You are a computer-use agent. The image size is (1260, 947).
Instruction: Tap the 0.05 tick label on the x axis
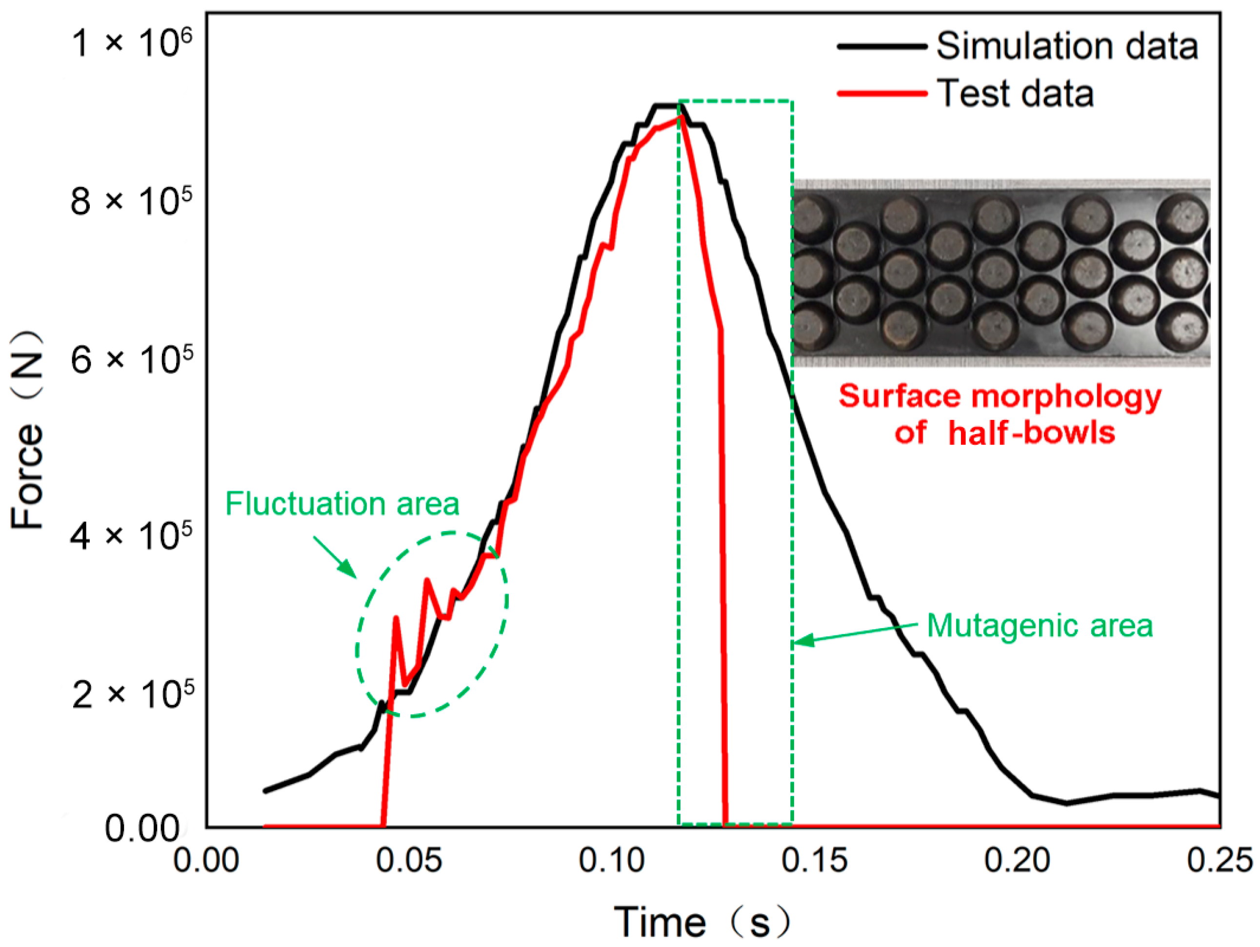[409, 860]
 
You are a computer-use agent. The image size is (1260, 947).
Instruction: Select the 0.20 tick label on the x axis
[1018, 860]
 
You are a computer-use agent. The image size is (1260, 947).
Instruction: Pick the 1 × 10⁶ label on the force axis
[132, 43]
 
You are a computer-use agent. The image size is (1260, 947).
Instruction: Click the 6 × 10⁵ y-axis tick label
[132, 360]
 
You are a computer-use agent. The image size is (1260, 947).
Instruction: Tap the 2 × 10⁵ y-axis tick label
[132, 693]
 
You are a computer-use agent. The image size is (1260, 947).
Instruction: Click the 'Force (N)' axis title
[27, 430]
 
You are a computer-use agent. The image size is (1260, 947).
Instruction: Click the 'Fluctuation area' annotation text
[342, 504]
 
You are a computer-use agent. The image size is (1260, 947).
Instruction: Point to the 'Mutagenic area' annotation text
[1040, 626]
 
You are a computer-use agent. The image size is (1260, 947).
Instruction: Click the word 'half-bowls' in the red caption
[1031, 433]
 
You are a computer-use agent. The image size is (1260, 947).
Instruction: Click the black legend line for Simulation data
[882, 47]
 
